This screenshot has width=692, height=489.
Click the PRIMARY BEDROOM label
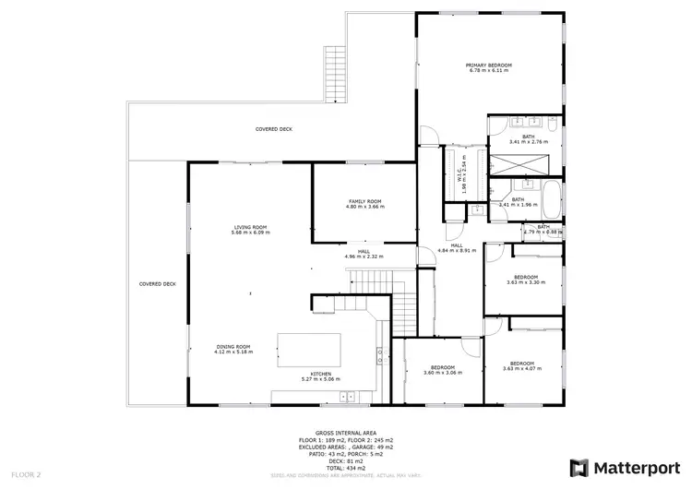pos(488,66)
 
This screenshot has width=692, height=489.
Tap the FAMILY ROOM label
pos(364,201)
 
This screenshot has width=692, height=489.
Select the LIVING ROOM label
pos(250,227)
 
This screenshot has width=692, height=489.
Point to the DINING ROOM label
pos(233,347)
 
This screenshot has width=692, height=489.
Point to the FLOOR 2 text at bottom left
pos(27,473)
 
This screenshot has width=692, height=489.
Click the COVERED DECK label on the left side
pos(157,284)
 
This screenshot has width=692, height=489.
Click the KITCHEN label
pos(321,374)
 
